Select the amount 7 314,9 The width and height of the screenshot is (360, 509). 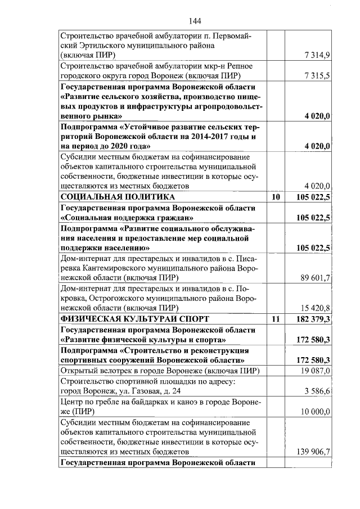(318, 55)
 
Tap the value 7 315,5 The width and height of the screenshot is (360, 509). (318, 76)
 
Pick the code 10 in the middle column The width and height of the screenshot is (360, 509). (275, 197)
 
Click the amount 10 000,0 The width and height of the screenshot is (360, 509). (316, 412)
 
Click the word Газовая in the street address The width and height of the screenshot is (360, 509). (137, 391)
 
